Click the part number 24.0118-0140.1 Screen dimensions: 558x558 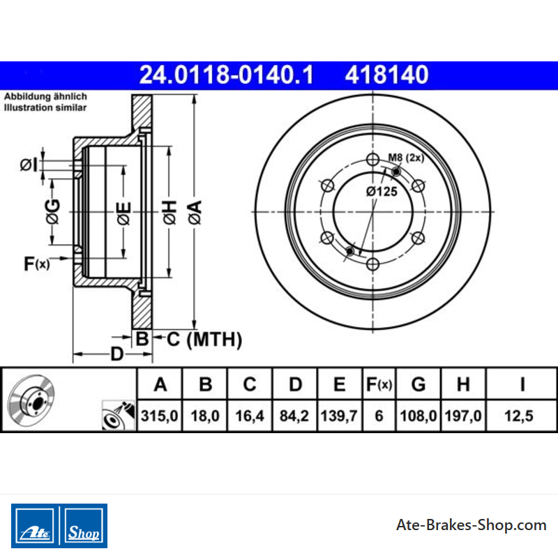click(226, 75)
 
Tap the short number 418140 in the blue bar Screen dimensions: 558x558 click(386, 75)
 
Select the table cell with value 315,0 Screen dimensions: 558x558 click(160, 416)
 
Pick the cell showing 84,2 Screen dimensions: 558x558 click(294, 416)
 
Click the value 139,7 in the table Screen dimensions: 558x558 click(339, 416)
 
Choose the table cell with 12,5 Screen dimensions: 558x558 click(519, 416)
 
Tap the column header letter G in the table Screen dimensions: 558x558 click(418, 384)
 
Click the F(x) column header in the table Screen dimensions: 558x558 click(379, 384)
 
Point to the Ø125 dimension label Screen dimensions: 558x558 click(382, 191)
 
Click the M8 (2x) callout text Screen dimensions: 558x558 click(406, 158)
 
